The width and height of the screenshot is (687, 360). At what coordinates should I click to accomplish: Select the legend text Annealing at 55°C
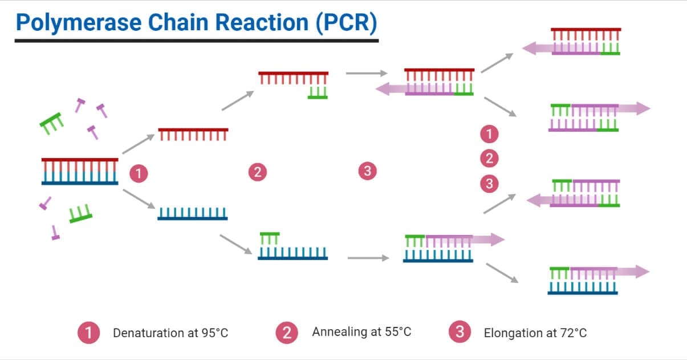pos(361,331)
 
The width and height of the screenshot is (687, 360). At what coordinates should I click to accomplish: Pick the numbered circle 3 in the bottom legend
pos(460,332)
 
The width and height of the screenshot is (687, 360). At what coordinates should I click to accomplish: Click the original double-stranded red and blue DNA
pos(80,171)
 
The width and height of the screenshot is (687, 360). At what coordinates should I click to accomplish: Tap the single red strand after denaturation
pos(193,134)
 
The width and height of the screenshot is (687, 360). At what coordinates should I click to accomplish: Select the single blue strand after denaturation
pos(193,213)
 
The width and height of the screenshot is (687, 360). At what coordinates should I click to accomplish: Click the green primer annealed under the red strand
pos(318,93)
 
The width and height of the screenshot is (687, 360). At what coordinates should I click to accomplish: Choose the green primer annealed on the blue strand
pos(270,238)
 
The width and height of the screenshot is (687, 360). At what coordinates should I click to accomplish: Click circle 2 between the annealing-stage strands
pos(258,171)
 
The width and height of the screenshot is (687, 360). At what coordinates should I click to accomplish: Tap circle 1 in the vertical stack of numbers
pos(489,135)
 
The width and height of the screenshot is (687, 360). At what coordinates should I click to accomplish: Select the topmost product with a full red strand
pos(586,41)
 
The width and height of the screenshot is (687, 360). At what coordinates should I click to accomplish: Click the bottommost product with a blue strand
pos(583,280)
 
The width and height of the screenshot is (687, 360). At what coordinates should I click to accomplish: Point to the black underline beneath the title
pos(196,41)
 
